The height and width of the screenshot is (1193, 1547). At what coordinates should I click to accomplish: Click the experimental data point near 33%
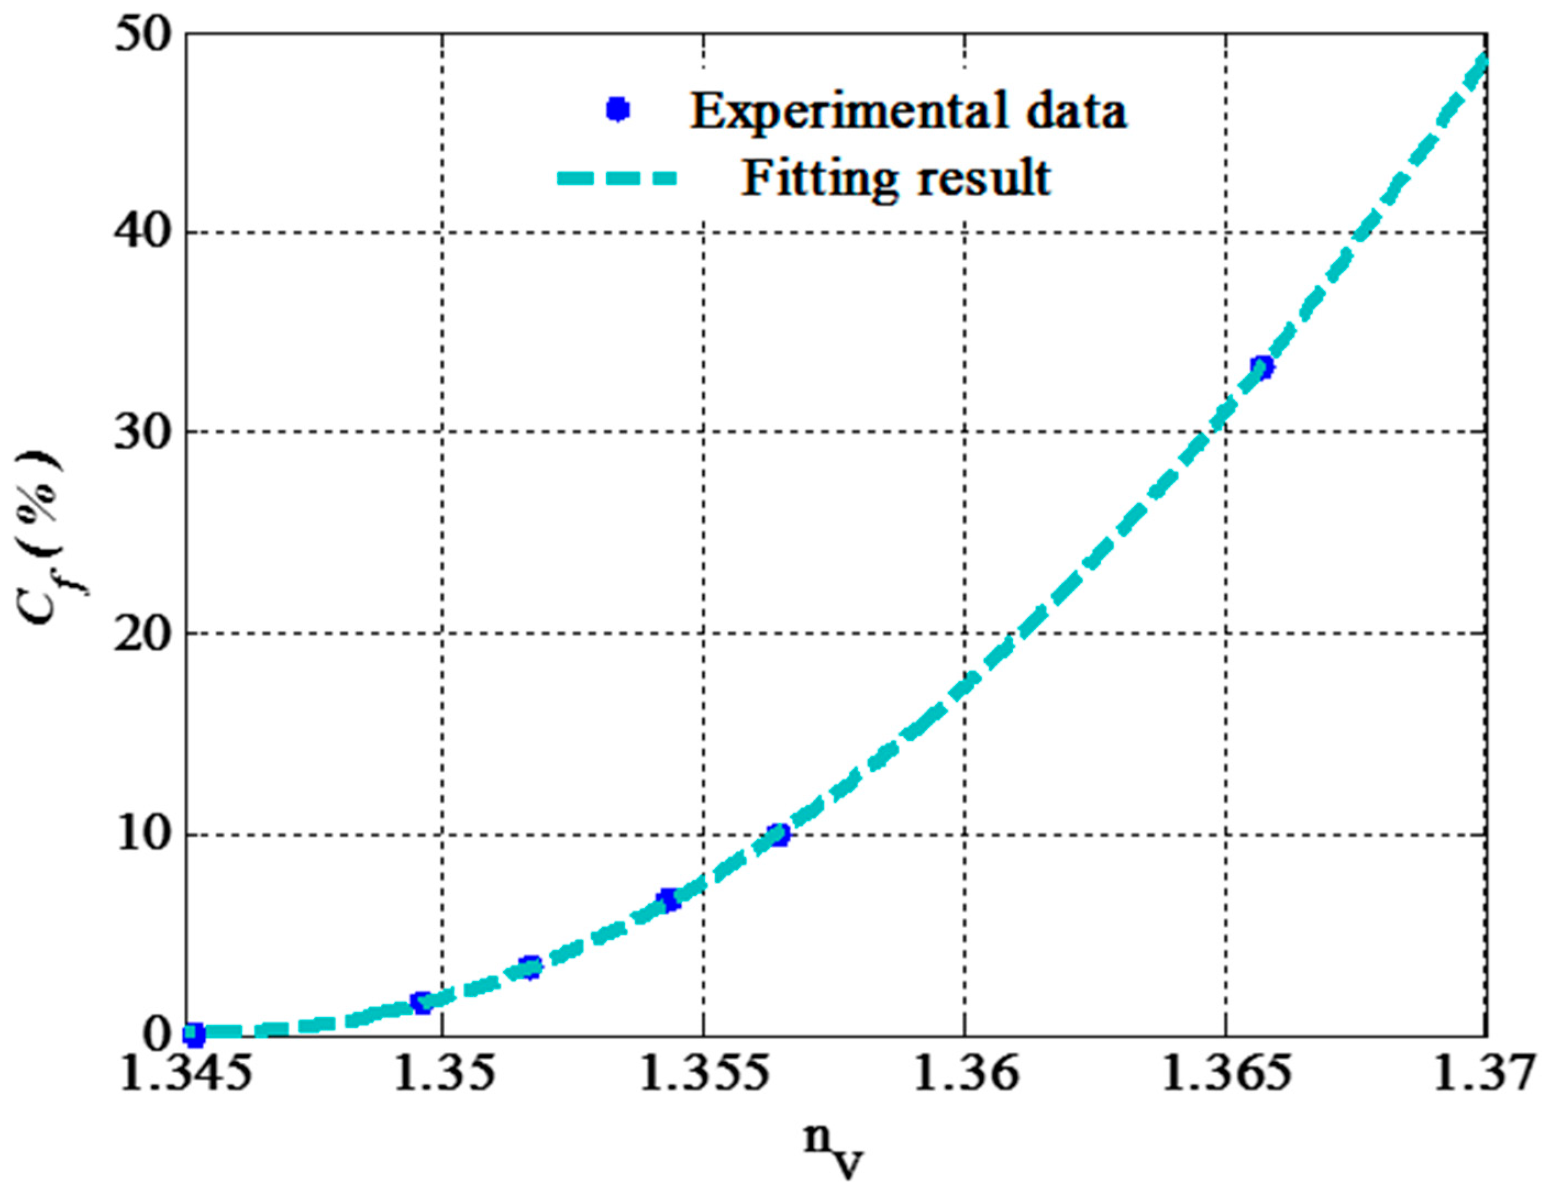[1262, 367]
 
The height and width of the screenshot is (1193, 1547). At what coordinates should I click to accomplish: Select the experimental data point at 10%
[779, 834]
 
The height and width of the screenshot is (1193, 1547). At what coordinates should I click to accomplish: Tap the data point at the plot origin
[194, 1034]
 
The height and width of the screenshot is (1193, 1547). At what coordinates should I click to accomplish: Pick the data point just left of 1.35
[422, 1002]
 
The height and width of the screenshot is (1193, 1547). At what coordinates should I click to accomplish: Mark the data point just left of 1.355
[668, 900]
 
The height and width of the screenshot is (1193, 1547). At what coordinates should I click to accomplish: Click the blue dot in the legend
[618, 110]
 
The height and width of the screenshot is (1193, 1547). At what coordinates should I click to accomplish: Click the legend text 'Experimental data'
[908, 111]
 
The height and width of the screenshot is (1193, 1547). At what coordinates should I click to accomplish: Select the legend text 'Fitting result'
[896, 178]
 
